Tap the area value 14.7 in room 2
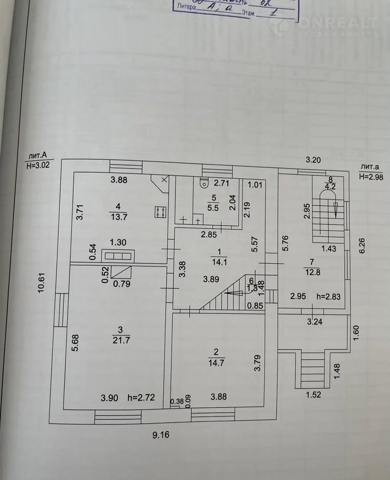coord(216,363)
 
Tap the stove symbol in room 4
coord(161,212)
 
